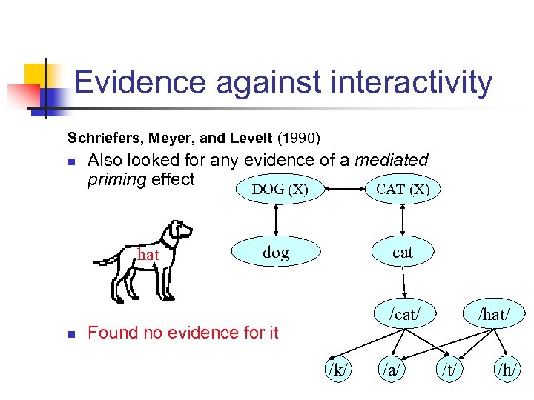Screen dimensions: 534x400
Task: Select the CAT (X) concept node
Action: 403,190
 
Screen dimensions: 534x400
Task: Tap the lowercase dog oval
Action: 276,253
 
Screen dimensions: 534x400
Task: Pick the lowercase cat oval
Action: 403,253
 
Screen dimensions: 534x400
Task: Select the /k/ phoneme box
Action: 337,369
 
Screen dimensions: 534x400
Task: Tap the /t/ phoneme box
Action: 449,369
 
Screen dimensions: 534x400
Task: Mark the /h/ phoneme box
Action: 508,369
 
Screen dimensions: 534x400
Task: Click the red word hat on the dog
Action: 149,255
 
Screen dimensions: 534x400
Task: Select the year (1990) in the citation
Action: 299,138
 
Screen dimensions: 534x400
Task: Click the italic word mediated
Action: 392,160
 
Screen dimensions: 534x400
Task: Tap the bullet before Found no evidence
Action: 70,334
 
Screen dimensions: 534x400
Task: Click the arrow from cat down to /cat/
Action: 404,282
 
